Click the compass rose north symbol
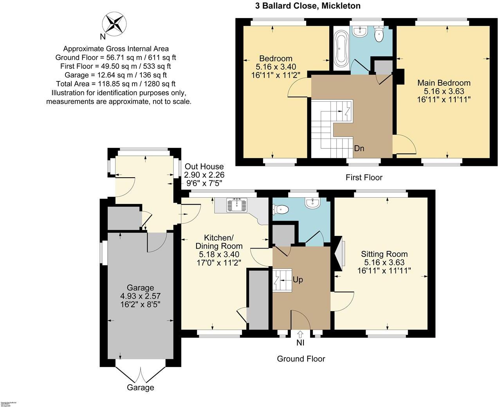[x=114, y=23]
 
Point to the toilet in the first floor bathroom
[x=379, y=34]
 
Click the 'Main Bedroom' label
[x=444, y=83]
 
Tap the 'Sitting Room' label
[x=384, y=254]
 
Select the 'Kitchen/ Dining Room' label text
[x=219, y=242]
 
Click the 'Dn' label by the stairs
[x=359, y=148]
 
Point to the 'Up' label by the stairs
[x=298, y=280]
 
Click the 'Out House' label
[x=204, y=167]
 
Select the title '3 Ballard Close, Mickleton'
[x=305, y=6]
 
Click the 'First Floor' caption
[x=364, y=177]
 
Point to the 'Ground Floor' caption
[x=301, y=358]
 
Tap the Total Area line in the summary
[x=116, y=84]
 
